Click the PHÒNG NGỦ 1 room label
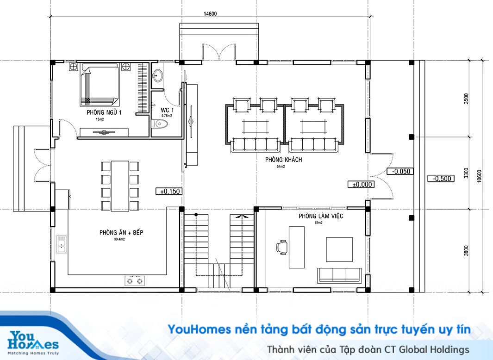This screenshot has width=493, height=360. click(104, 112)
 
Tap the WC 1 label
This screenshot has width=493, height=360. click(167, 110)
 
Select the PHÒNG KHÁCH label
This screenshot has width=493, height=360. click(284, 159)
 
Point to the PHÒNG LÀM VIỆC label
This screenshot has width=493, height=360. click(321, 216)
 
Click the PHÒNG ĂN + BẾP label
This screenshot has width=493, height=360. click(121, 232)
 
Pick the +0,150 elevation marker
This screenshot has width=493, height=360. click(169, 191)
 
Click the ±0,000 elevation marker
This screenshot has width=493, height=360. click(361, 185)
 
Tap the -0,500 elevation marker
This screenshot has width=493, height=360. click(441, 179)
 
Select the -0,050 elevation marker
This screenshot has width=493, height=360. click(400, 171)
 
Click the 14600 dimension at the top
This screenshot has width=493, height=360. click(210, 13)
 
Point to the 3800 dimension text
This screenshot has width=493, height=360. click(466, 251)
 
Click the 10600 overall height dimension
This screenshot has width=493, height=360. click(479, 176)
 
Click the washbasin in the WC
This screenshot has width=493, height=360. click(157, 75)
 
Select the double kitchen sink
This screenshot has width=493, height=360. click(61, 244)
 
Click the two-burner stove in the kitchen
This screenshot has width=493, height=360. click(135, 280)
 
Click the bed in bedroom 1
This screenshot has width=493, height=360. click(99, 84)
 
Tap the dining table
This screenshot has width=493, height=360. click(120, 186)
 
